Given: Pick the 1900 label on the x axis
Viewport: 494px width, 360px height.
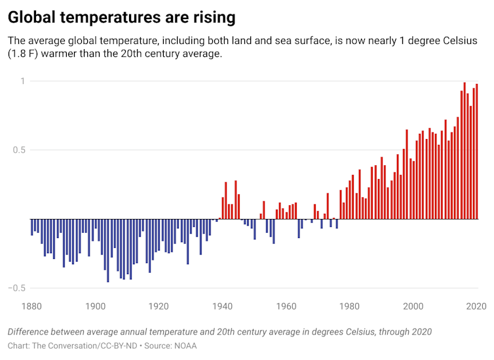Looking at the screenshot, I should pyautogui.click(x=96, y=306).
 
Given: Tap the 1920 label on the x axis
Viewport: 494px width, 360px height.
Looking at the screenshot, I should pyautogui.click(x=159, y=306).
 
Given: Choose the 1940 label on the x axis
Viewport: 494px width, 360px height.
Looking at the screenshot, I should pyautogui.click(x=223, y=306).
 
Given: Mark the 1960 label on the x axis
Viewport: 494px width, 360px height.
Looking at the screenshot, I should pyautogui.click(x=286, y=306).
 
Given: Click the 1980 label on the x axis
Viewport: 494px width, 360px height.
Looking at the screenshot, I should pyautogui.click(x=349, y=306).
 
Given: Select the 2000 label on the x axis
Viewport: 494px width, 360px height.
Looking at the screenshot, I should pyautogui.click(x=412, y=306).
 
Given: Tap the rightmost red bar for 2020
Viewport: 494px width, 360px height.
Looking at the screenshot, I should pyautogui.click(x=477, y=151).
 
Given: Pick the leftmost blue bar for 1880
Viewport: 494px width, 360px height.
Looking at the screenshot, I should pyautogui.click(x=32, y=227).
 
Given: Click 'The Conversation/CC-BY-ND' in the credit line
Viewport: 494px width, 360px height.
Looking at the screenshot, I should pyautogui.click(x=85, y=345).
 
